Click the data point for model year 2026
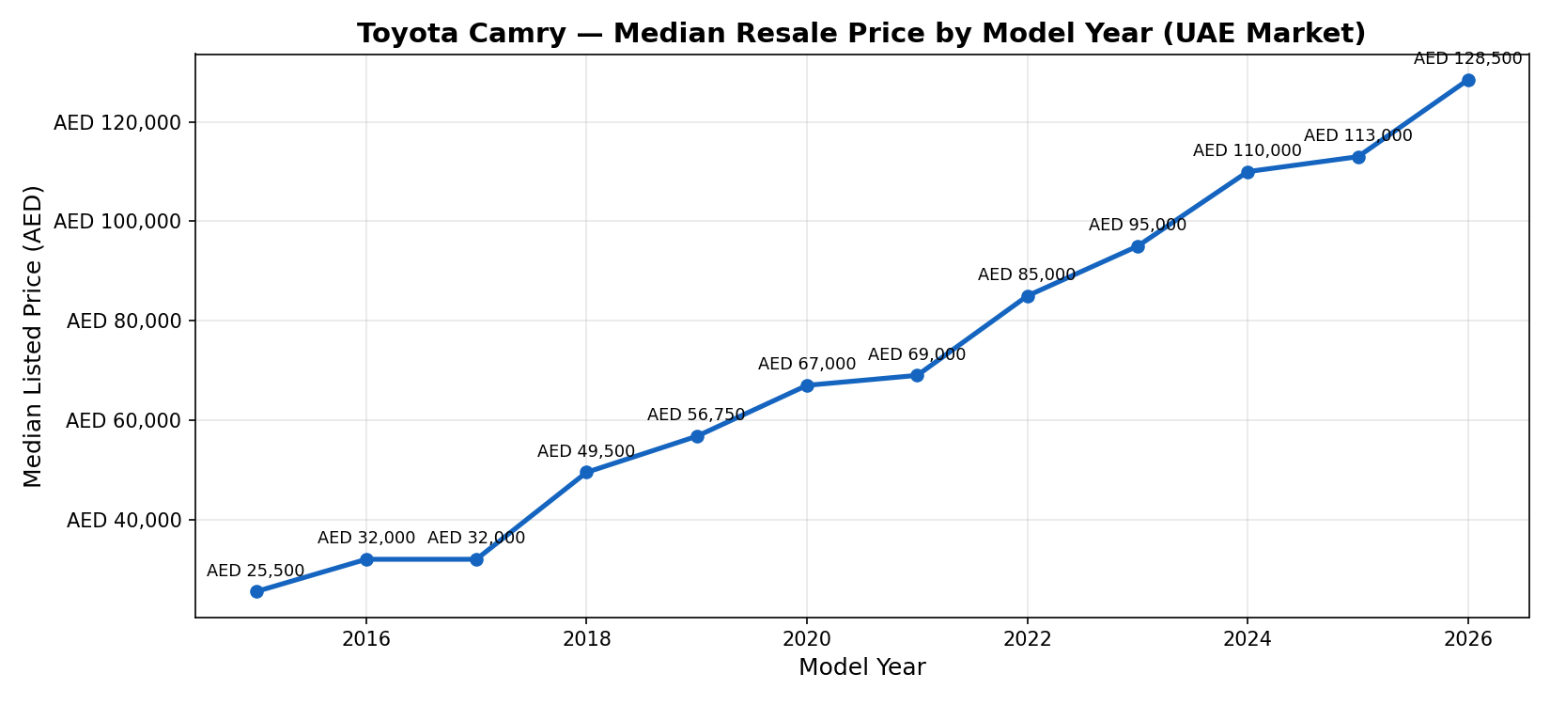coord(1468,81)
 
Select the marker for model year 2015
coord(256,591)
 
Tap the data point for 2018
coord(586,473)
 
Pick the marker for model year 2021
coord(917,376)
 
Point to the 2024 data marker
coord(1248,172)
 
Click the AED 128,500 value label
coord(1467,58)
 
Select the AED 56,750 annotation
coord(696,415)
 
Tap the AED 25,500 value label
coord(256,571)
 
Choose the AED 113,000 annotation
coord(1357,135)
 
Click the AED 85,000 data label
coord(1027,274)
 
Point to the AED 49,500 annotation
coord(586,451)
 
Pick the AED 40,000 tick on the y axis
coord(125,520)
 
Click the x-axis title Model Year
coord(861,667)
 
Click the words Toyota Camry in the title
coord(461,34)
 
